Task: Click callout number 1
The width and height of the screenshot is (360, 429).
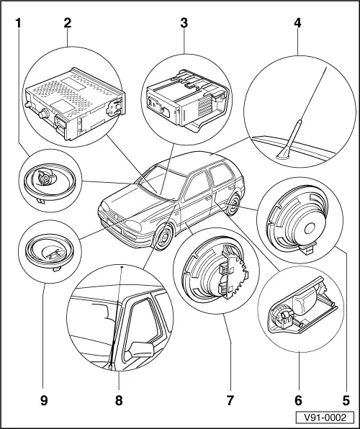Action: pyautogui.click(x=18, y=22)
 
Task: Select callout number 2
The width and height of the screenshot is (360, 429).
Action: pyautogui.click(x=67, y=22)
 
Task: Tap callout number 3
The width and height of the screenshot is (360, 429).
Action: pyautogui.click(x=184, y=22)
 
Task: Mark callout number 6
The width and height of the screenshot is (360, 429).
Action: pyautogui.click(x=296, y=394)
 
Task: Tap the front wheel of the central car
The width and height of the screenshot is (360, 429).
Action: pyautogui.click(x=164, y=237)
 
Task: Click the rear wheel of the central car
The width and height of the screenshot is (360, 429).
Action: pyautogui.click(x=233, y=207)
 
